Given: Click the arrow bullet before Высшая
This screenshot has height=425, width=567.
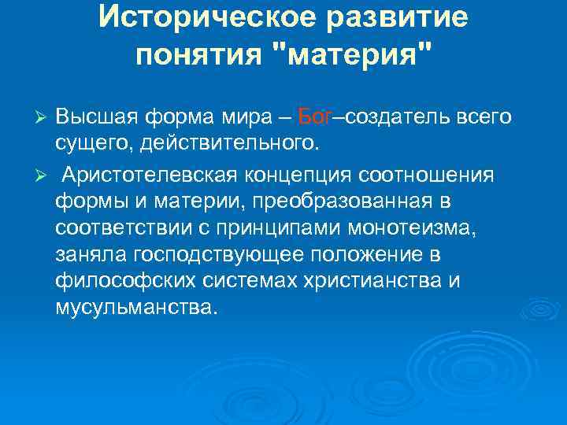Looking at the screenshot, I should [44, 117].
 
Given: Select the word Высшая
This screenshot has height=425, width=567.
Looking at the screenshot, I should [95, 117].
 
